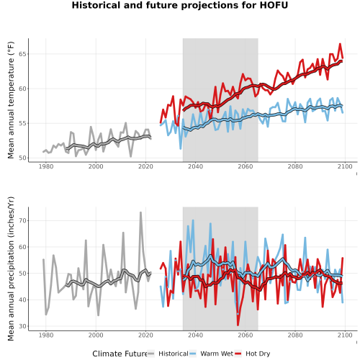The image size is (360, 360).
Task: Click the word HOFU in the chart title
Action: (274, 5)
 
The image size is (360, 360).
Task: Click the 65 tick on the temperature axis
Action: (22, 54)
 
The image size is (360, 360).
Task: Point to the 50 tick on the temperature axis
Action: (22, 158)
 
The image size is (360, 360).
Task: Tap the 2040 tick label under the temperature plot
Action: (195, 166)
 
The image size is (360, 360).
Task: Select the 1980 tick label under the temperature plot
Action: (46, 166)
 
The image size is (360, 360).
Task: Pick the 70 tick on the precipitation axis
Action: (22, 220)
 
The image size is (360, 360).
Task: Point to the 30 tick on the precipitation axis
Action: (22, 326)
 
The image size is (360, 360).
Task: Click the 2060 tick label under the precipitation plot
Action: (246, 335)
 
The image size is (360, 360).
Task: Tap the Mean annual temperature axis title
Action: (11, 100)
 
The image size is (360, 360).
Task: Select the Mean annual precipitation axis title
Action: (11, 269)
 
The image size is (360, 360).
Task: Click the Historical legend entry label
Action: (174, 354)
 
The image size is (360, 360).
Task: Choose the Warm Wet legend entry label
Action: (217, 354)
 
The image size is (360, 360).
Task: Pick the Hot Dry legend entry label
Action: (258, 354)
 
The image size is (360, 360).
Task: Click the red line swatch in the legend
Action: (238, 354)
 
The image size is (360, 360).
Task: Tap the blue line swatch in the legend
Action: (193, 354)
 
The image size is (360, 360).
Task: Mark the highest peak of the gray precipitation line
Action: (140, 212)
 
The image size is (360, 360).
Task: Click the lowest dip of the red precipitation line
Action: (238, 325)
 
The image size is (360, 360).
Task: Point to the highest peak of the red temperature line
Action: (340, 44)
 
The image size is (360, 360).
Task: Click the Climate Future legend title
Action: (120, 354)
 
